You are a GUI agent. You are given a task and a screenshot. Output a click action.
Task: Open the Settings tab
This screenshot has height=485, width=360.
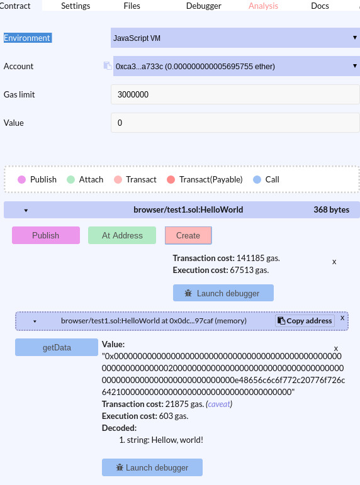pos(76,6)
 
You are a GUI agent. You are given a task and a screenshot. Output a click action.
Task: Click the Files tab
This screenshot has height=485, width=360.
pos(132,6)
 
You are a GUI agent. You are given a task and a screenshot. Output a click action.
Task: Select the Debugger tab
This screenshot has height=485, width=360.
pos(204,6)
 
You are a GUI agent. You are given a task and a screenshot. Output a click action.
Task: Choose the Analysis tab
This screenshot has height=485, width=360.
pos(264,6)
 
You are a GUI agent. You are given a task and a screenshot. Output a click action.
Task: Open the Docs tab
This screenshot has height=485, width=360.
pos(320,6)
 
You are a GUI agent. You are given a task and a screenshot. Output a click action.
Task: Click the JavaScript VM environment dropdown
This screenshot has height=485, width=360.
pos(235,38)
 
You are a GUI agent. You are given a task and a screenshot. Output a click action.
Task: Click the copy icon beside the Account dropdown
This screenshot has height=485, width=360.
pos(108,65)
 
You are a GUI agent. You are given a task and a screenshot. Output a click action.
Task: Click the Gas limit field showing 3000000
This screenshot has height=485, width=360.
pos(235,94)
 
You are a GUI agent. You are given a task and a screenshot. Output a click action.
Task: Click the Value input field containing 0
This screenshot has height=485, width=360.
pos(235,123)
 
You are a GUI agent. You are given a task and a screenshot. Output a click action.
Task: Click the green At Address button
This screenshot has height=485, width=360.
pos(122,235)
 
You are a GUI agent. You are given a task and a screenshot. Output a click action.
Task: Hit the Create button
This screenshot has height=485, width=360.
pos(188,235)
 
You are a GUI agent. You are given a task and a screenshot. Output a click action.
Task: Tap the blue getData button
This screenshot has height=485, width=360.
pos(57,347)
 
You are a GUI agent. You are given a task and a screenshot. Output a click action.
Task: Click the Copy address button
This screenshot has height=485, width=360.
pos(305,321)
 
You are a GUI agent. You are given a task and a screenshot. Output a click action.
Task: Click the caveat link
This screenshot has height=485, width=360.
pos(219,404)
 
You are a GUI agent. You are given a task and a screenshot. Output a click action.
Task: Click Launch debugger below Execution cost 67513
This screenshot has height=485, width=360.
pos(223,293)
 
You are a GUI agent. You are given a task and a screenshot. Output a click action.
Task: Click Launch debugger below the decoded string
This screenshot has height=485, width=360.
pos(152,467)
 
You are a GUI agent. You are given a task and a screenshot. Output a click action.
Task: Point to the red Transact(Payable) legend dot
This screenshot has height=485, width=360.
pos(171,179)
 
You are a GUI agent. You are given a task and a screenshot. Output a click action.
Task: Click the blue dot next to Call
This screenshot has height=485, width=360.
pos(257,179)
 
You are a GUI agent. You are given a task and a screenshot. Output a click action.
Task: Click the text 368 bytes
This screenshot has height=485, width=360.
pos(331,209)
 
